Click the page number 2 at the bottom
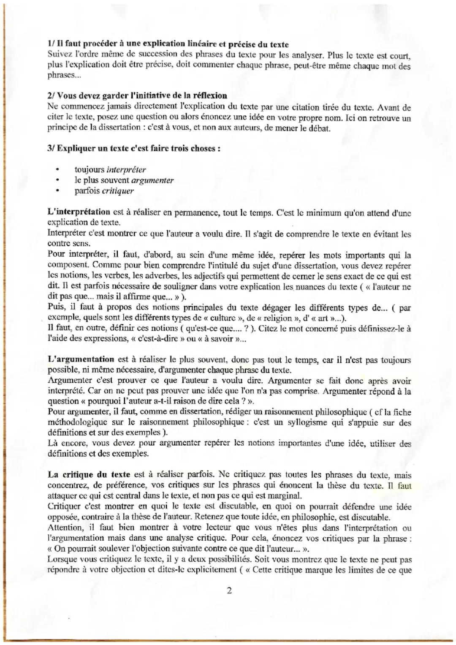pos(229,590)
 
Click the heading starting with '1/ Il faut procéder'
pos(168,44)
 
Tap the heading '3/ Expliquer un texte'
pos(134,149)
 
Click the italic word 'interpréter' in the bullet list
pos(126,170)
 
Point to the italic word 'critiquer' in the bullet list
pos(118,191)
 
